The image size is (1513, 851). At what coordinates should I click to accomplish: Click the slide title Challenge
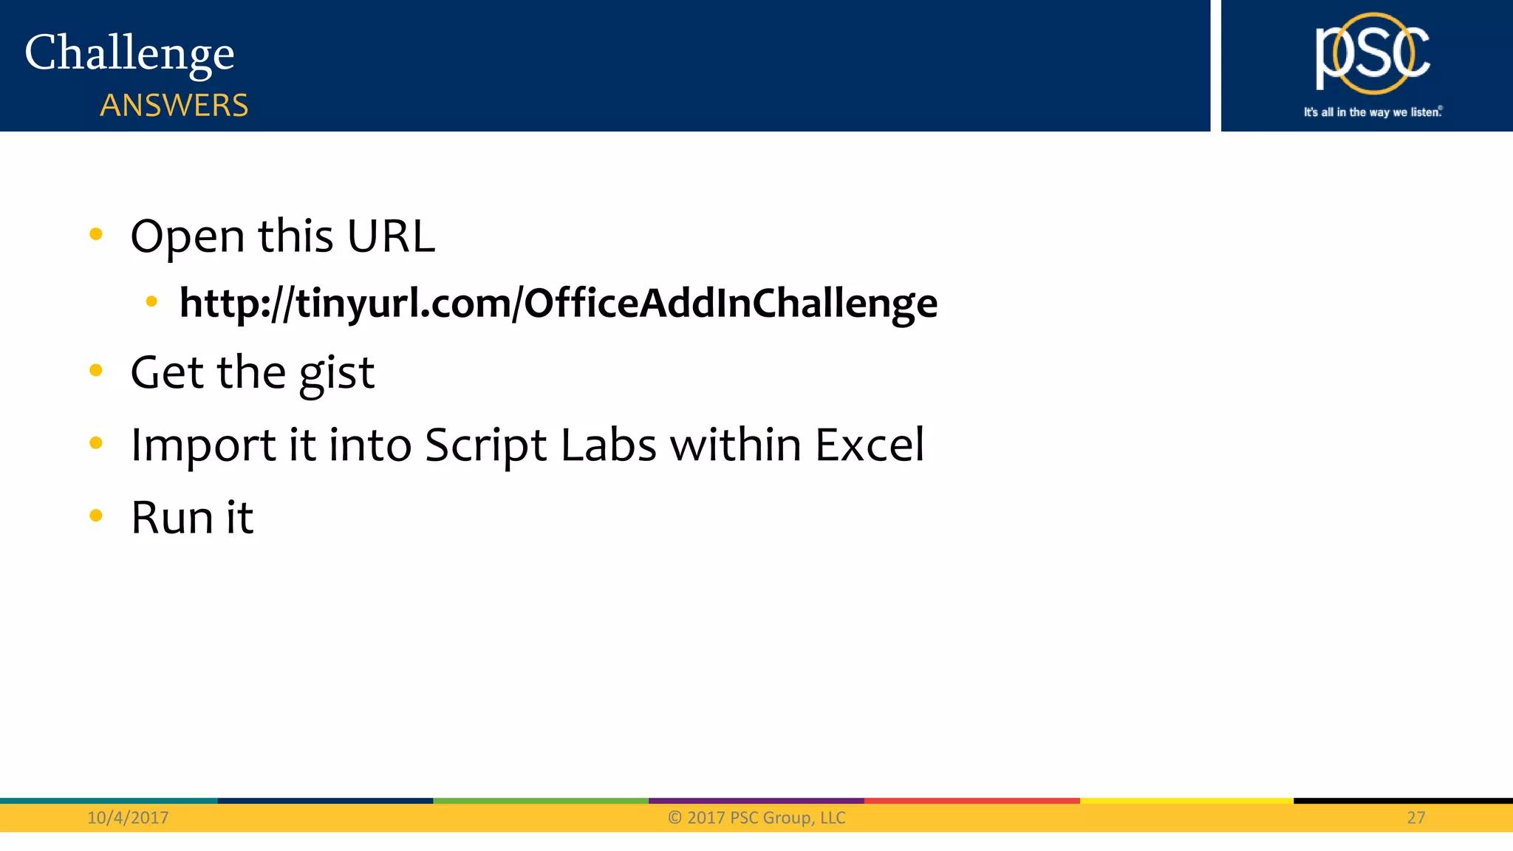(129, 53)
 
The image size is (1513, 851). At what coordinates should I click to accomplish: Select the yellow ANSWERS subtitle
(174, 106)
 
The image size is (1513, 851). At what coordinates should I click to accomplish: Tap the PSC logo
(1372, 54)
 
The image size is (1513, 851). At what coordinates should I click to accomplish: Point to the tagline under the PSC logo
(1373, 112)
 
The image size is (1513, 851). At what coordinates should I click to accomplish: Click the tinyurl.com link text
(559, 303)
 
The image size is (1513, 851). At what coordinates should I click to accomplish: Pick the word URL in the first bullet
(391, 237)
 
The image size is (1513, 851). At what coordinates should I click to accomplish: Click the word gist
(337, 373)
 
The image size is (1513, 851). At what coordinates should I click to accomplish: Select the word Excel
(870, 445)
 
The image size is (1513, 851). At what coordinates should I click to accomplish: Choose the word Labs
(609, 445)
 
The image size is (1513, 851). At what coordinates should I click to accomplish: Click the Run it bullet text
(192, 517)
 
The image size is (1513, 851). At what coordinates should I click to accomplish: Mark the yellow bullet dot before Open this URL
(96, 235)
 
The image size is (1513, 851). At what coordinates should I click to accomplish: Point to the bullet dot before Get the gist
(96, 370)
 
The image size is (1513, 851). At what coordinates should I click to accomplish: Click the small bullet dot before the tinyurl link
(151, 301)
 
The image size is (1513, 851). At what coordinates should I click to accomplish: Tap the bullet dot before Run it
(96, 515)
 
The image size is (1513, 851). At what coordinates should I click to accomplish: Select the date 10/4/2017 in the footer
(128, 818)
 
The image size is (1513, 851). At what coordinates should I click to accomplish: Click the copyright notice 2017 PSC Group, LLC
(756, 818)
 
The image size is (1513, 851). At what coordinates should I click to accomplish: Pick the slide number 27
(1415, 818)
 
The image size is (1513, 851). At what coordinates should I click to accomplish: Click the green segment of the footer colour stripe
(541, 801)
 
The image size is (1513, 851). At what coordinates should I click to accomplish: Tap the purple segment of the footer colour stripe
(756, 801)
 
